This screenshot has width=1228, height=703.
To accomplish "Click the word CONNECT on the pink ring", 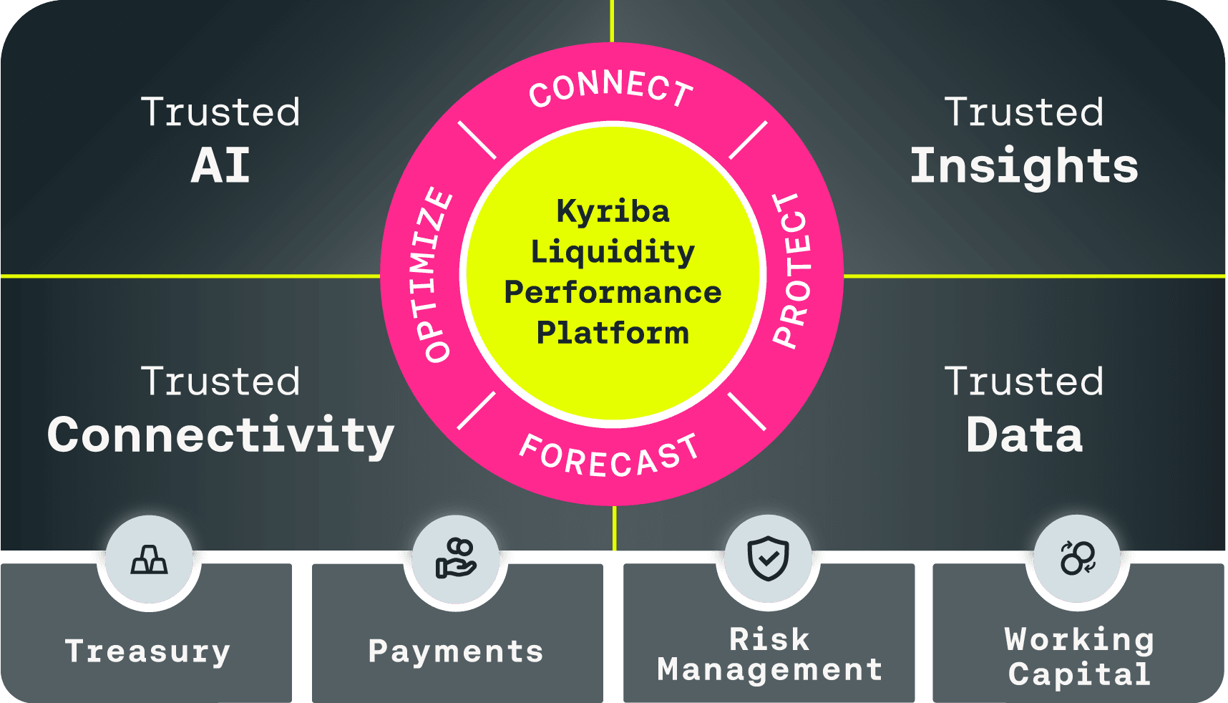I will (611, 89).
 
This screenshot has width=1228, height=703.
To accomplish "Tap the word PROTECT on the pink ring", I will (794, 271).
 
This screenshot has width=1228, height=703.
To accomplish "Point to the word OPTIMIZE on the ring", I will (433, 275).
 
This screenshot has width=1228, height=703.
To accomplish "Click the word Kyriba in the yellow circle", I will (613, 211).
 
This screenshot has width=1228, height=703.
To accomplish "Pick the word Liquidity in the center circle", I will (613, 252).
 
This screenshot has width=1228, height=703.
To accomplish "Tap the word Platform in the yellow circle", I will (613, 333).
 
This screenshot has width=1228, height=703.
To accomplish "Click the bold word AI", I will (220, 166).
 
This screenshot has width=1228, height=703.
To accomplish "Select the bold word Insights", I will (1024, 166).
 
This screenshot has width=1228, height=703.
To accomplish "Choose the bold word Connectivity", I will (220, 435).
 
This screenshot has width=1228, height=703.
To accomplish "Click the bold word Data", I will (1024, 435).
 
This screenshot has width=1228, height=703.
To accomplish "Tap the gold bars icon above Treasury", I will (149, 559).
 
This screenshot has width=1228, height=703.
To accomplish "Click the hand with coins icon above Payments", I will (456, 559).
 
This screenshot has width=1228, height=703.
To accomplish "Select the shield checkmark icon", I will (768, 558).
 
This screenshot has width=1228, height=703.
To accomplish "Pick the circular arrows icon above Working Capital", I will (1077, 558).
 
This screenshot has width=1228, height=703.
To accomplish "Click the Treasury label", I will (147, 651).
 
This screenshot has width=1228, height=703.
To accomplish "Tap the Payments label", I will (456, 651).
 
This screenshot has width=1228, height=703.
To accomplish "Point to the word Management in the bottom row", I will (769, 670).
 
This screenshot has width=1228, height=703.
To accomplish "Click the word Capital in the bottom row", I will (1079, 674).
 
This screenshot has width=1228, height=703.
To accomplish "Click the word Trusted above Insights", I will (1024, 112).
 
